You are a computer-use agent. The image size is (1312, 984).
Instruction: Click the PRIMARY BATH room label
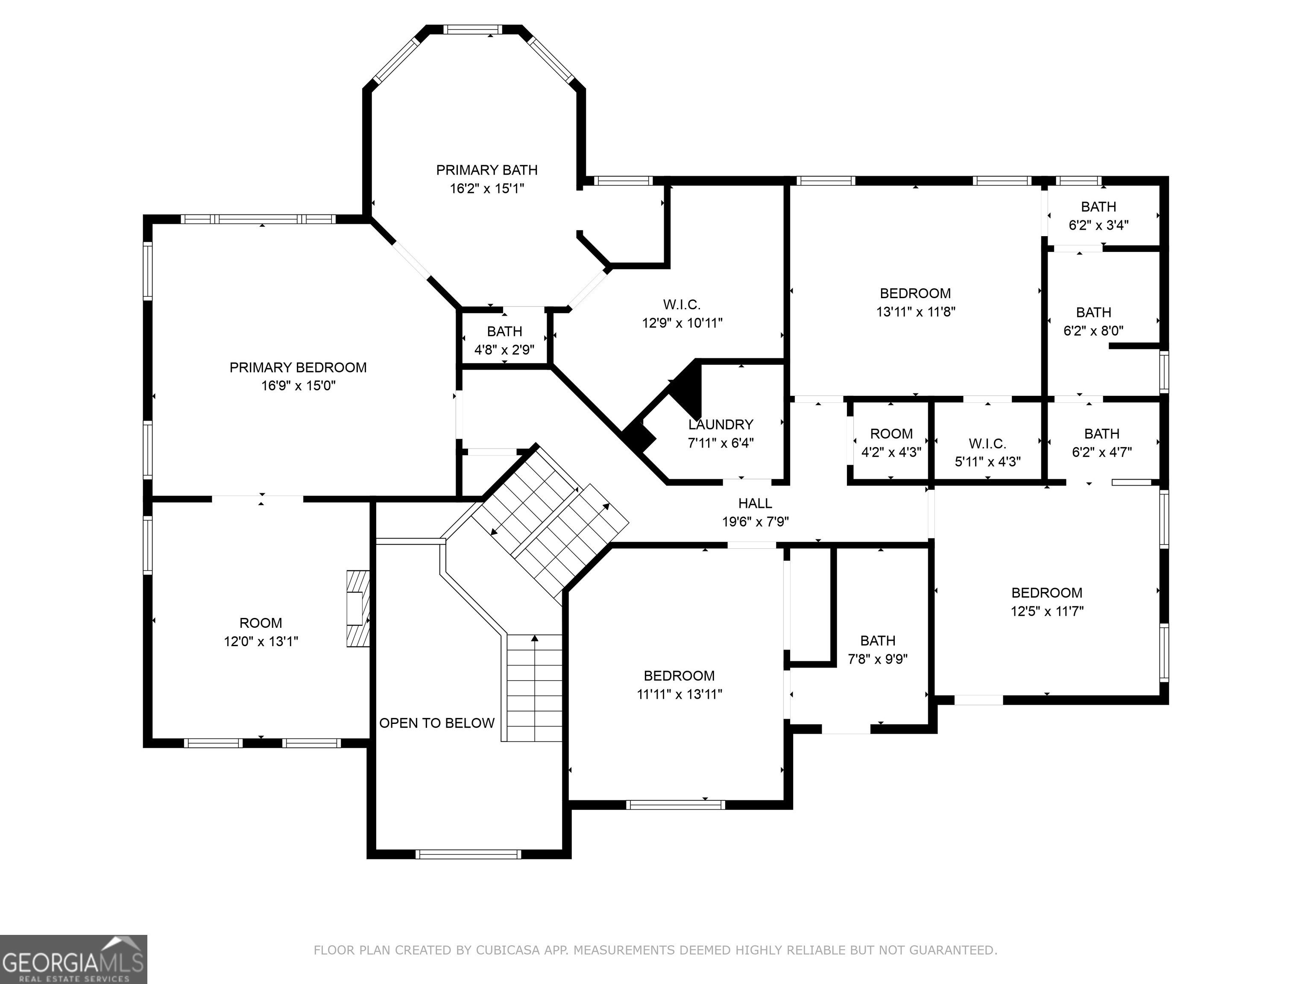[x=487, y=170]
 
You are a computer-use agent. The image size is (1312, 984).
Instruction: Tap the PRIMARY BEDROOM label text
[x=299, y=368]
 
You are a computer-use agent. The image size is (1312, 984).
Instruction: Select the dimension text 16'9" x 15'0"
[x=299, y=386]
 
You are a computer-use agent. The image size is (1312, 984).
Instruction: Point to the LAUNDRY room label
[x=720, y=425]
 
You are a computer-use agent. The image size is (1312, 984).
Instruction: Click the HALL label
[x=755, y=504]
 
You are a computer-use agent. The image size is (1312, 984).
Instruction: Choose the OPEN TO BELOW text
[x=437, y=723]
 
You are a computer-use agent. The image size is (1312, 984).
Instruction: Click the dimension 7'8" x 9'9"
[x=878, y=659]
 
